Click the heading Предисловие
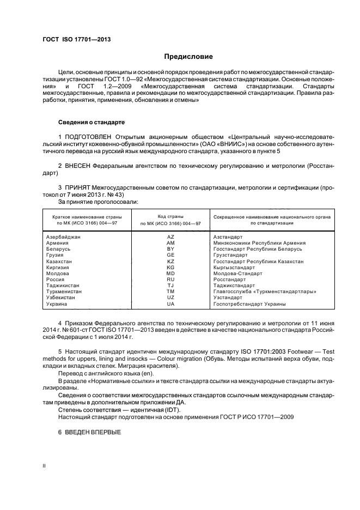pyautogui.click(x=189, y=56)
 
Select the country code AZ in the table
pyautogui.click(x=170, y=237)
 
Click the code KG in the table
pyautogui.click(x=170, y=268)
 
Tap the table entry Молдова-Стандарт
pyautogui.click(x=238, y=274)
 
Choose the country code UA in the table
pyautogui.click(x=170, y=304)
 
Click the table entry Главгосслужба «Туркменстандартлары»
pyautogui.click(x=265, y=292)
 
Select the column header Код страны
pyautogui.click(x=170, y=216)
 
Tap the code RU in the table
pyautogui.click(x=170, y=280)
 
